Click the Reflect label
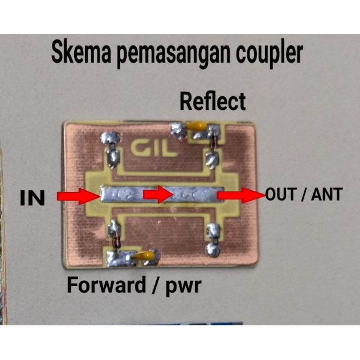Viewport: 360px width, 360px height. click(213, 101)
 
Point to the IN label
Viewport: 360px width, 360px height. click(33, 198)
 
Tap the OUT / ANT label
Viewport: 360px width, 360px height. click(304, 195)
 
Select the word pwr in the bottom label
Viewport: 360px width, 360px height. click(186, 285)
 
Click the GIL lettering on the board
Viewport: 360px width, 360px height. click(153, 149)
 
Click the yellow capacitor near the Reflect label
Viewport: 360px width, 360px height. click(197, 126)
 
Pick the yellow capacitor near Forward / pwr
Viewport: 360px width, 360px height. click(145, 256)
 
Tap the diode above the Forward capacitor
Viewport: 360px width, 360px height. click(117, 241)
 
